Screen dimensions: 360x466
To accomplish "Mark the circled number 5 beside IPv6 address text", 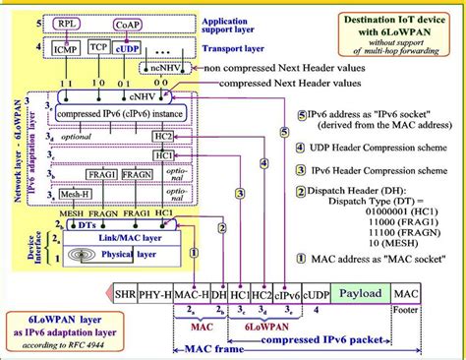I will (x=286, y=131).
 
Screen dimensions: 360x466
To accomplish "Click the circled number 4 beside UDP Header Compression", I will (x=286, y=159).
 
